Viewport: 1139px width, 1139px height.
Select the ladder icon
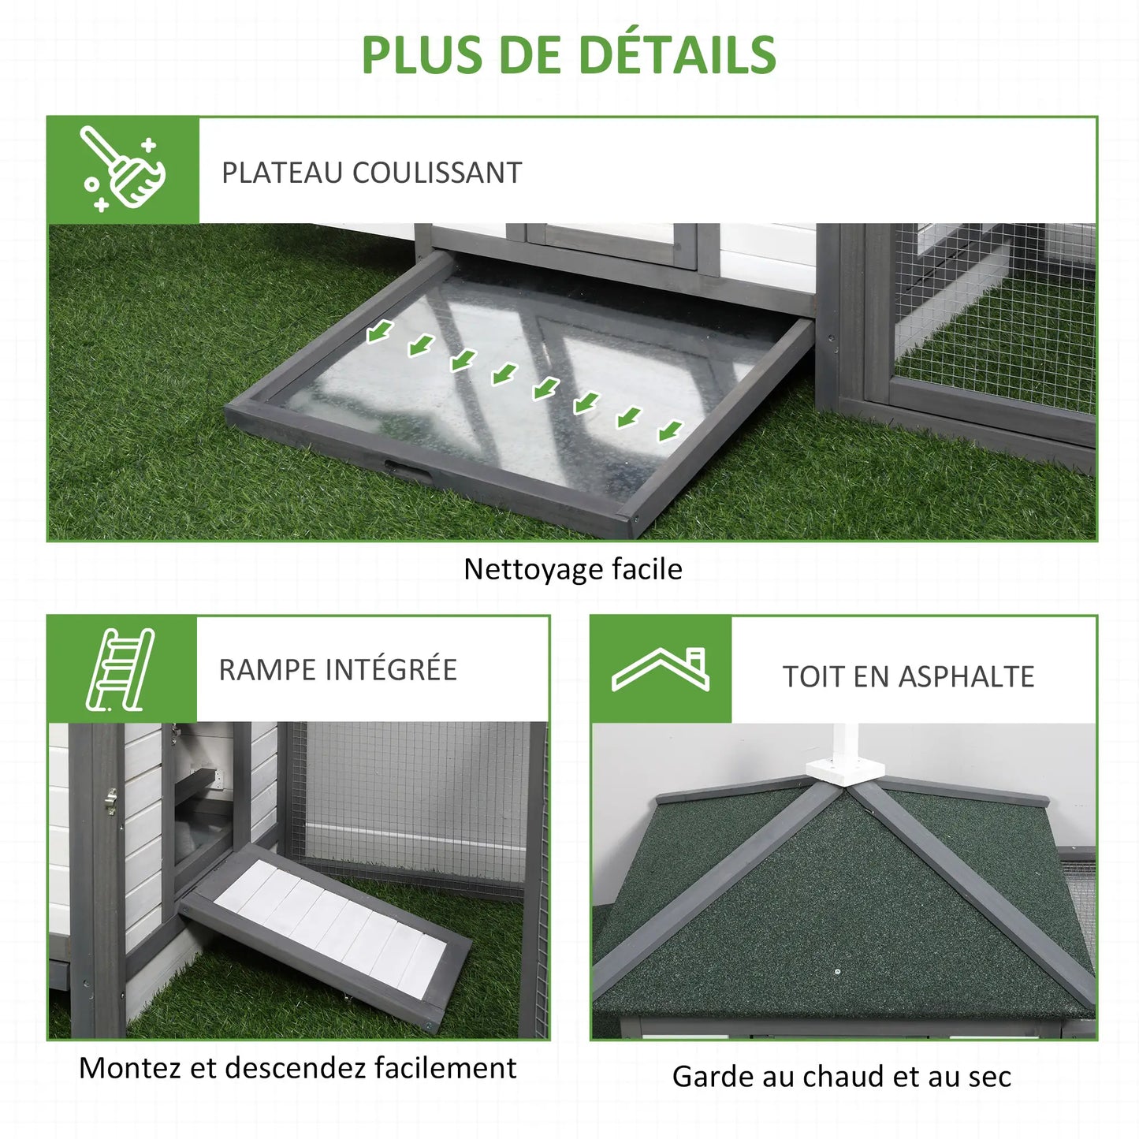[121, 669]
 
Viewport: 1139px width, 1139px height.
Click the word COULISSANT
[437, 173]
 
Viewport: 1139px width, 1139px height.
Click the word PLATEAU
[282, 173]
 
